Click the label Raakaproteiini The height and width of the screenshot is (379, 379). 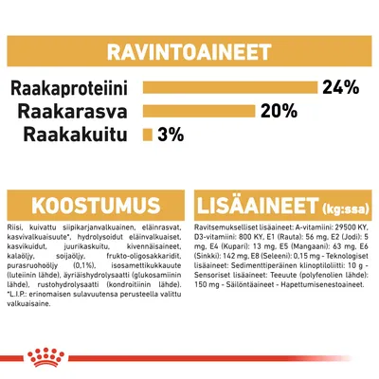coord(72,89)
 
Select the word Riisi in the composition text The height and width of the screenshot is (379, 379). coord(14,230)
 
